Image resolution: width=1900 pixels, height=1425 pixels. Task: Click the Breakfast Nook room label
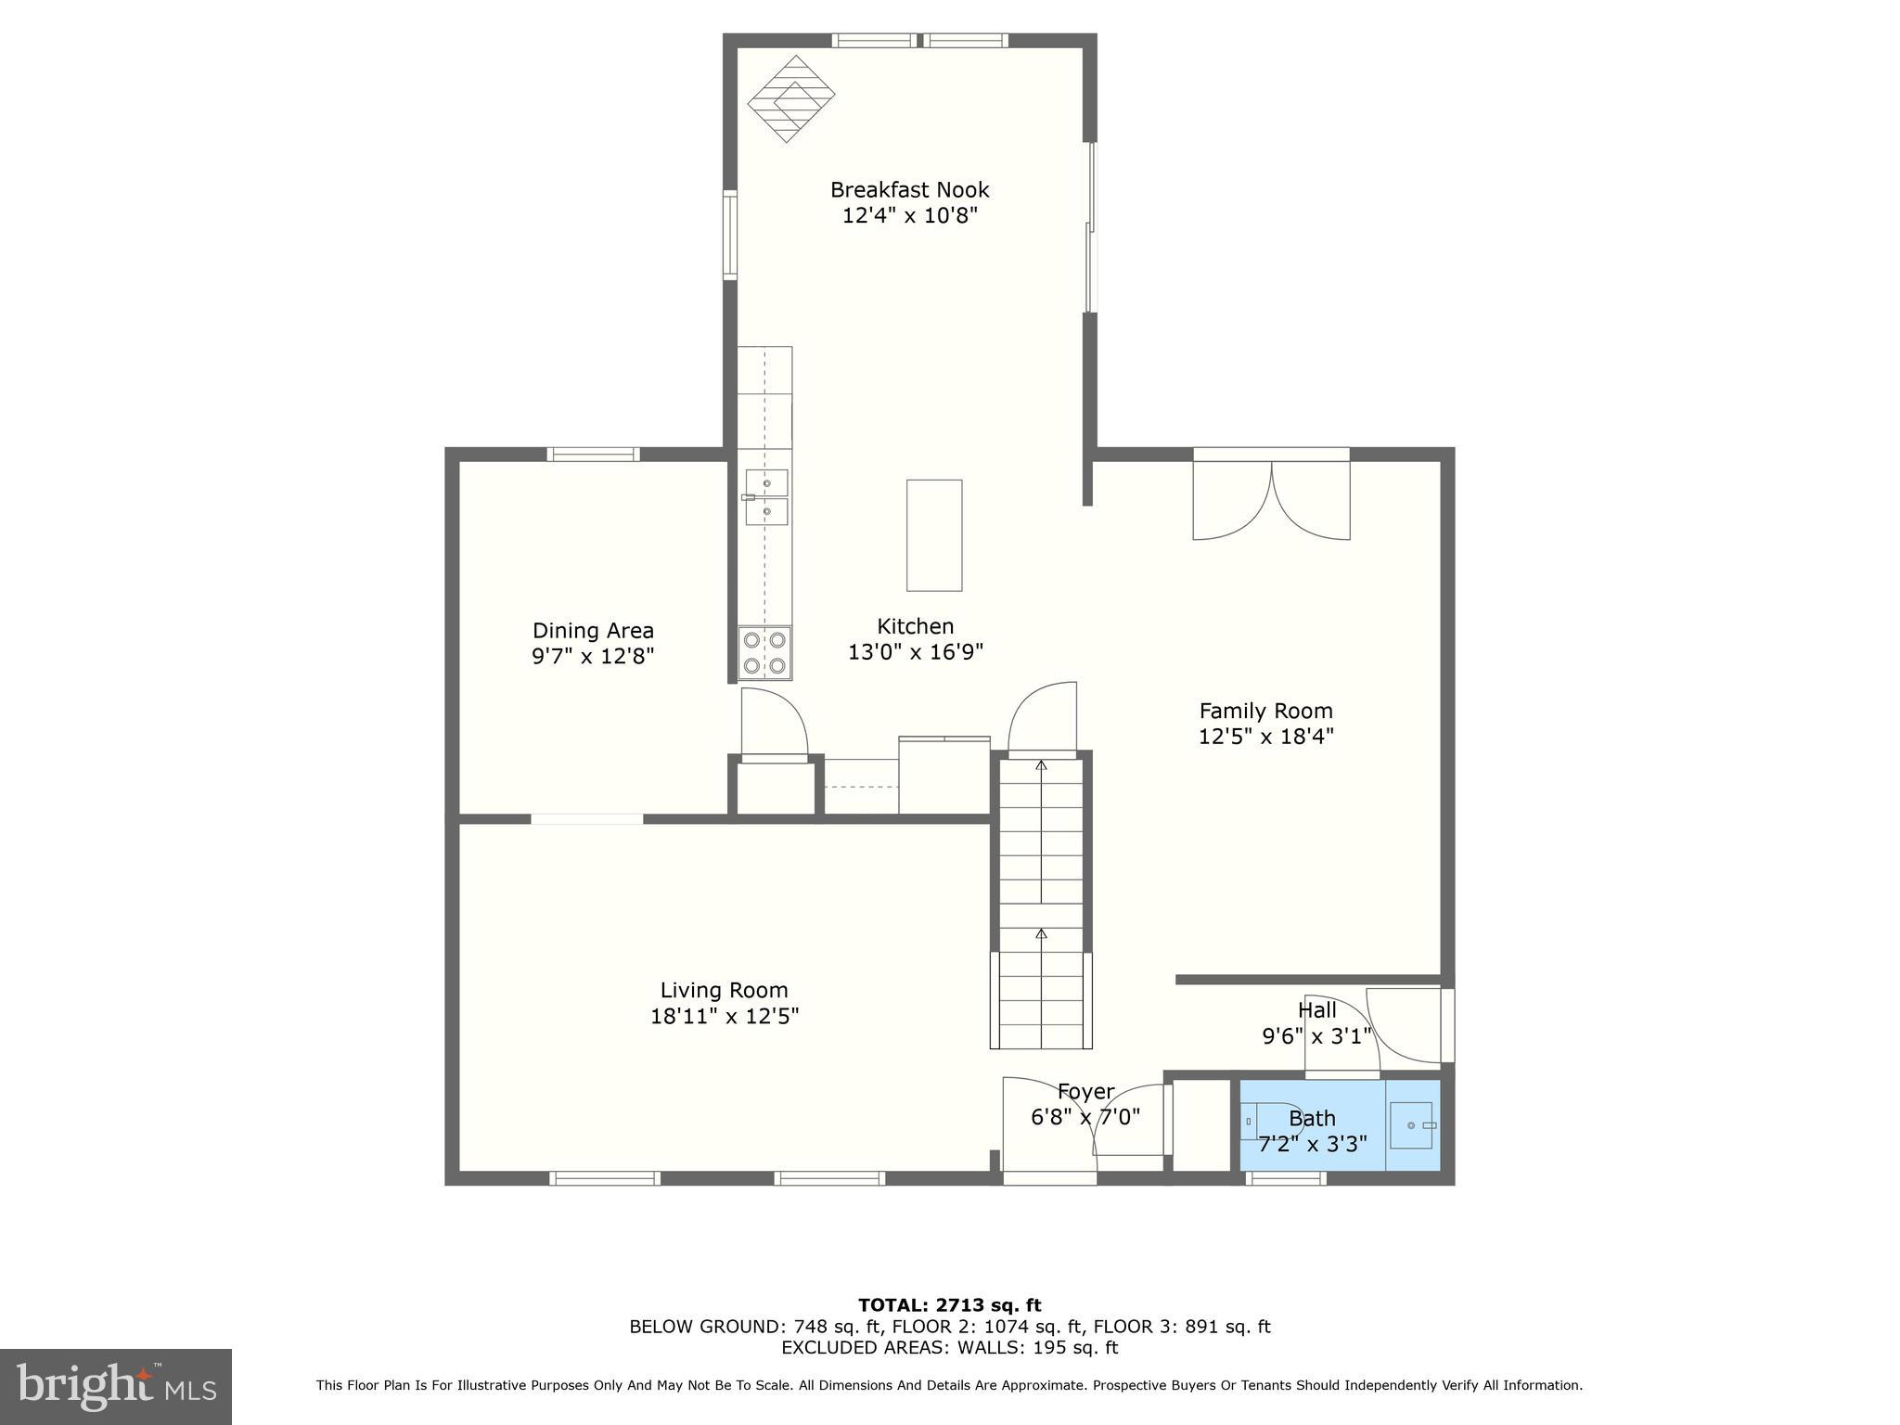pyautogui.click(x=909, y=190)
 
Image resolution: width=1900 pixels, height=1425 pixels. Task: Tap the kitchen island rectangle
pyautogui.click(x=933, y=535)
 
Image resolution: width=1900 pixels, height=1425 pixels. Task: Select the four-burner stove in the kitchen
pyautogui.click(x=764, y=653)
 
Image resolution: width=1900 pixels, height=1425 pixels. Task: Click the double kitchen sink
pyautogui.click(x=766, y=497)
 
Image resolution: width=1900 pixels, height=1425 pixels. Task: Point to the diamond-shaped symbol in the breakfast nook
pyautogui.click(x=791, y=98)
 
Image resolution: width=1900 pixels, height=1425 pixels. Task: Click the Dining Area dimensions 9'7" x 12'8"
pyautogui.click(x=593, y=656)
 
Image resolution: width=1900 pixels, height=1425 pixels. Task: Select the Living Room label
pyautogui.click(x=724, y=990)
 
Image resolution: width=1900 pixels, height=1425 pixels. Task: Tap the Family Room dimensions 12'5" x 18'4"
pyautogui.click(x=1265, y=737)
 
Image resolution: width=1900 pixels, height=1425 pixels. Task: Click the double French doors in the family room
pyautogui.click(x=1271, y=499)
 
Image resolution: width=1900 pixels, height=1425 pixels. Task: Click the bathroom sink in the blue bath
pyautogui.click(x=1411, y=1125)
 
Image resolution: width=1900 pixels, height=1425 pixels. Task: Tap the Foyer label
pyautogui.click(x=1085, y=1092)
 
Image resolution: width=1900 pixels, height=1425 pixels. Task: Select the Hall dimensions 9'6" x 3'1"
pyautogui.click(x=1316, y=1036)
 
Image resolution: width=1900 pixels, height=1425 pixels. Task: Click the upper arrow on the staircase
pyautogui.click(x=1041, y=766)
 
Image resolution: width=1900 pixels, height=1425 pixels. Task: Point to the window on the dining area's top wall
pyautogui.click(x=593, y=455)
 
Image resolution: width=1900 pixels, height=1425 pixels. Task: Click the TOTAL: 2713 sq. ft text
pyautogui.click(x=949, y=1305)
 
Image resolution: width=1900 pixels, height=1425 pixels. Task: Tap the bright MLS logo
pyautogui.click(x=116, y=1386)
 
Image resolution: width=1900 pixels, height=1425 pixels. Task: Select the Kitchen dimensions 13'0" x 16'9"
pyautogui.click(x=915, y=652)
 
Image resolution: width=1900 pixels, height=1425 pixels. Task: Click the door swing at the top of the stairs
pyautogui.click(x=1044, y=716)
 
